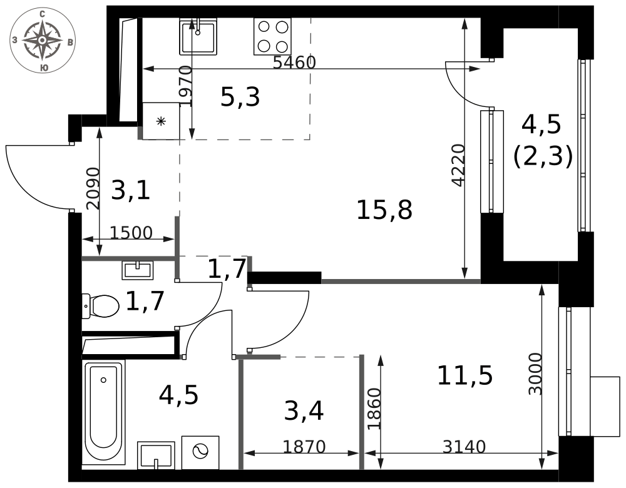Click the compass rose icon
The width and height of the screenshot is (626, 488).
tap(42, 41)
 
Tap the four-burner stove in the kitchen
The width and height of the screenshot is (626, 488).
tap(272, 37)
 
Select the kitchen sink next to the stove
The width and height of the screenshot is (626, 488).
tap(198, 37)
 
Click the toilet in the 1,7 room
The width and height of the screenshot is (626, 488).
tap(100, 307)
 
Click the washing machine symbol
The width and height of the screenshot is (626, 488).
tap(200, 452)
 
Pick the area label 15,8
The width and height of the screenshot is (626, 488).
tap(384, 210)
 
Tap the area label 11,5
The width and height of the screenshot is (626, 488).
tap(465, 375)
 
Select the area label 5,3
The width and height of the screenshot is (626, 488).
tap(240, 97)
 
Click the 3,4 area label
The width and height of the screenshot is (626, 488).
tap(304, 411)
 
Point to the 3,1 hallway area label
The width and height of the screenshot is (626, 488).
tap(131, 190)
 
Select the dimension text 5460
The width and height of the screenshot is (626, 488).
tap(294, 62)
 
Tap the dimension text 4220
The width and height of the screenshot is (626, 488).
tap(459, 165)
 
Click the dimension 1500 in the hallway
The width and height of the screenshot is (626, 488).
tap(131, 233)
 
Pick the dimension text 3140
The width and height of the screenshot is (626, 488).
tap(464, 447)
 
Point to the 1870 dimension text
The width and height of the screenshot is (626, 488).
tap(304, 447)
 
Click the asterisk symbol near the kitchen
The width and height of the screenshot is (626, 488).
tap(161, 121)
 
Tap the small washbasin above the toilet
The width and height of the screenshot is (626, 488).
tap(137, 270)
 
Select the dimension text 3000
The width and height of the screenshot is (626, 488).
tap(535, 374)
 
